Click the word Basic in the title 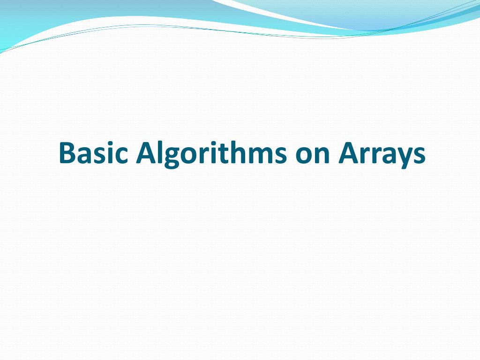coord(93,153)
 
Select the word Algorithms coord(210,153)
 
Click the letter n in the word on coord(321,156)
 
